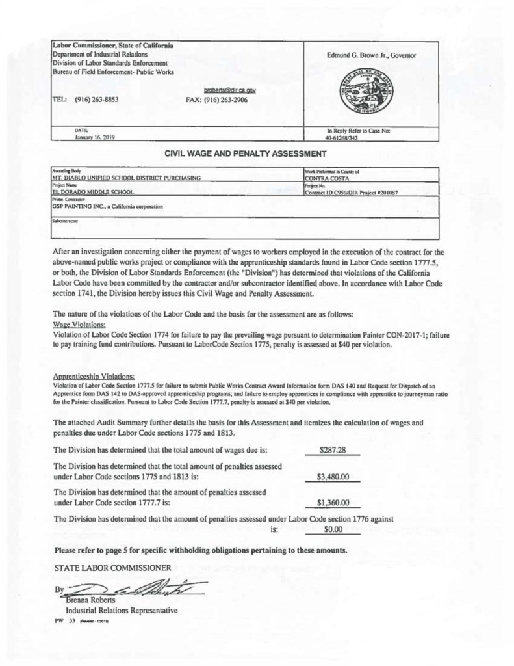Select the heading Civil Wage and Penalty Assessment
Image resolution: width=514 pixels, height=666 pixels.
(235, 154)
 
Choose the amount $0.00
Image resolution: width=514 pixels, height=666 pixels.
(333, 529)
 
